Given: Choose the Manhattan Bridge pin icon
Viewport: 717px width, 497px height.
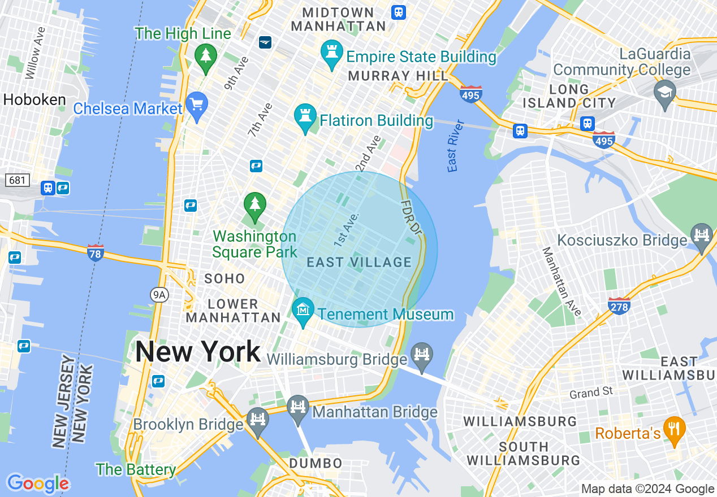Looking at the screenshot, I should (x=297, y=408).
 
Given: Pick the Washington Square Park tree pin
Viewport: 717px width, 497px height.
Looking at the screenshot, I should (x=254, y=206).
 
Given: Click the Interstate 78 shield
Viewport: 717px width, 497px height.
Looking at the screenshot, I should (x=96, y=252).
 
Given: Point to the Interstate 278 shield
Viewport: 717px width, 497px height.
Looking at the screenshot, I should (x=619, y=306).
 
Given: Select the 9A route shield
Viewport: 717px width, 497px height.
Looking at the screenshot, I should (x=160, y=294).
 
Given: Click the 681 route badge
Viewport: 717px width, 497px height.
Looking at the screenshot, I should (x=18, y=180).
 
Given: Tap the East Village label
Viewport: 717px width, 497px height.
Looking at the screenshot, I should (x=359, y=262).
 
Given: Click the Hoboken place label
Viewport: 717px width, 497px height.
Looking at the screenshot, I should (x=34, y=100).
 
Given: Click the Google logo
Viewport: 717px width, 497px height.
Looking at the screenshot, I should (x=38, y=483).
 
